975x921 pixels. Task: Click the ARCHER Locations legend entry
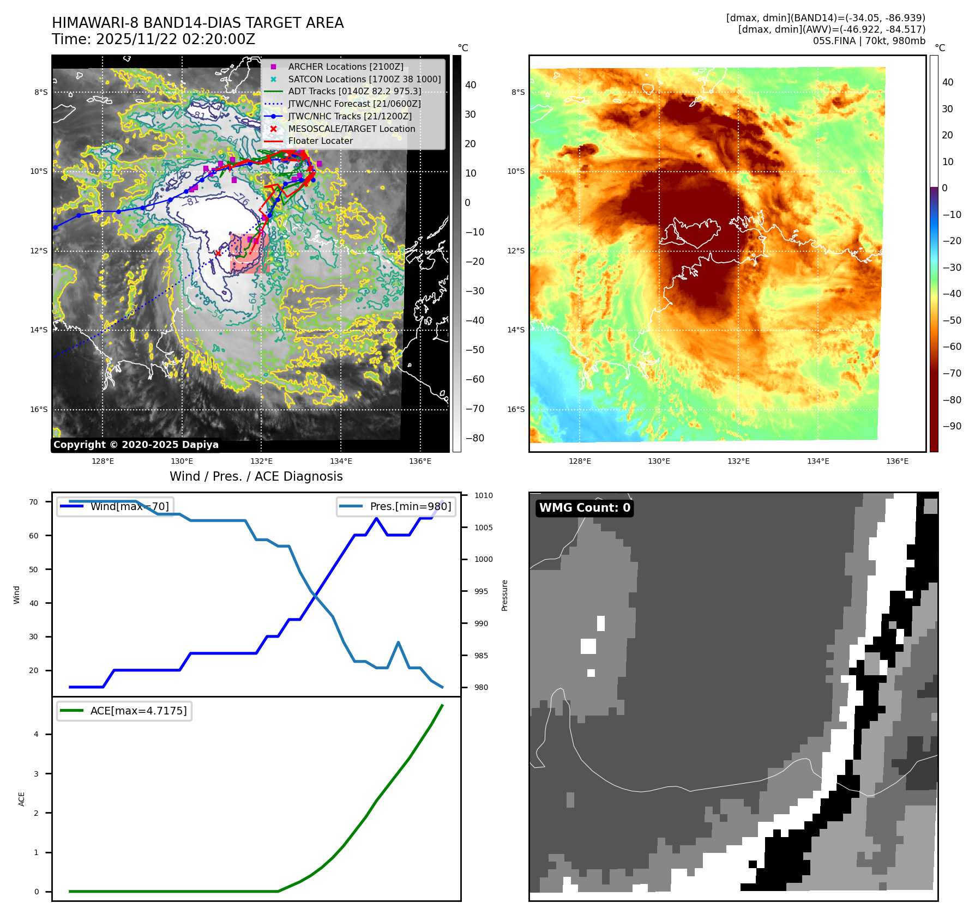pos(346,66)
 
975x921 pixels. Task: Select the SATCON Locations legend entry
pos(364,79)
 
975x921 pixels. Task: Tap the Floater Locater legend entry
pos(320,141)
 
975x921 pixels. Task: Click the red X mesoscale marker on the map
pos(218,253)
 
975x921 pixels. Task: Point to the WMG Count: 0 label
pos(585,508)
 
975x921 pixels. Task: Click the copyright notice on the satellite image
pos(136,445)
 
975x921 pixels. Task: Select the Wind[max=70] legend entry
pos(129,506)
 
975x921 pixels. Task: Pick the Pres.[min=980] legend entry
pos(410,506)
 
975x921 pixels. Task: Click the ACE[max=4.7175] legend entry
pos(138,711)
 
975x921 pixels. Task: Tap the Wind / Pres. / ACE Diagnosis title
pos(256,476)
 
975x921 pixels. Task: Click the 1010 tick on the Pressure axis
pos(483,495)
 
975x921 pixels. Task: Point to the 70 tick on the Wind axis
pos(34,502)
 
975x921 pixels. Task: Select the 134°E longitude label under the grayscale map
pos(341,461)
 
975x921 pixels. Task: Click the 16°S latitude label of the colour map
pos(516,409)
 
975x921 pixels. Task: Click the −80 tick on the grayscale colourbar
pos(474,438)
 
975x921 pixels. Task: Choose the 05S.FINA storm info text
pos(869,41)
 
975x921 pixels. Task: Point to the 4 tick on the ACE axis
pos(37,734)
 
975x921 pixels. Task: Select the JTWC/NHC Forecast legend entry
pos(354,104)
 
